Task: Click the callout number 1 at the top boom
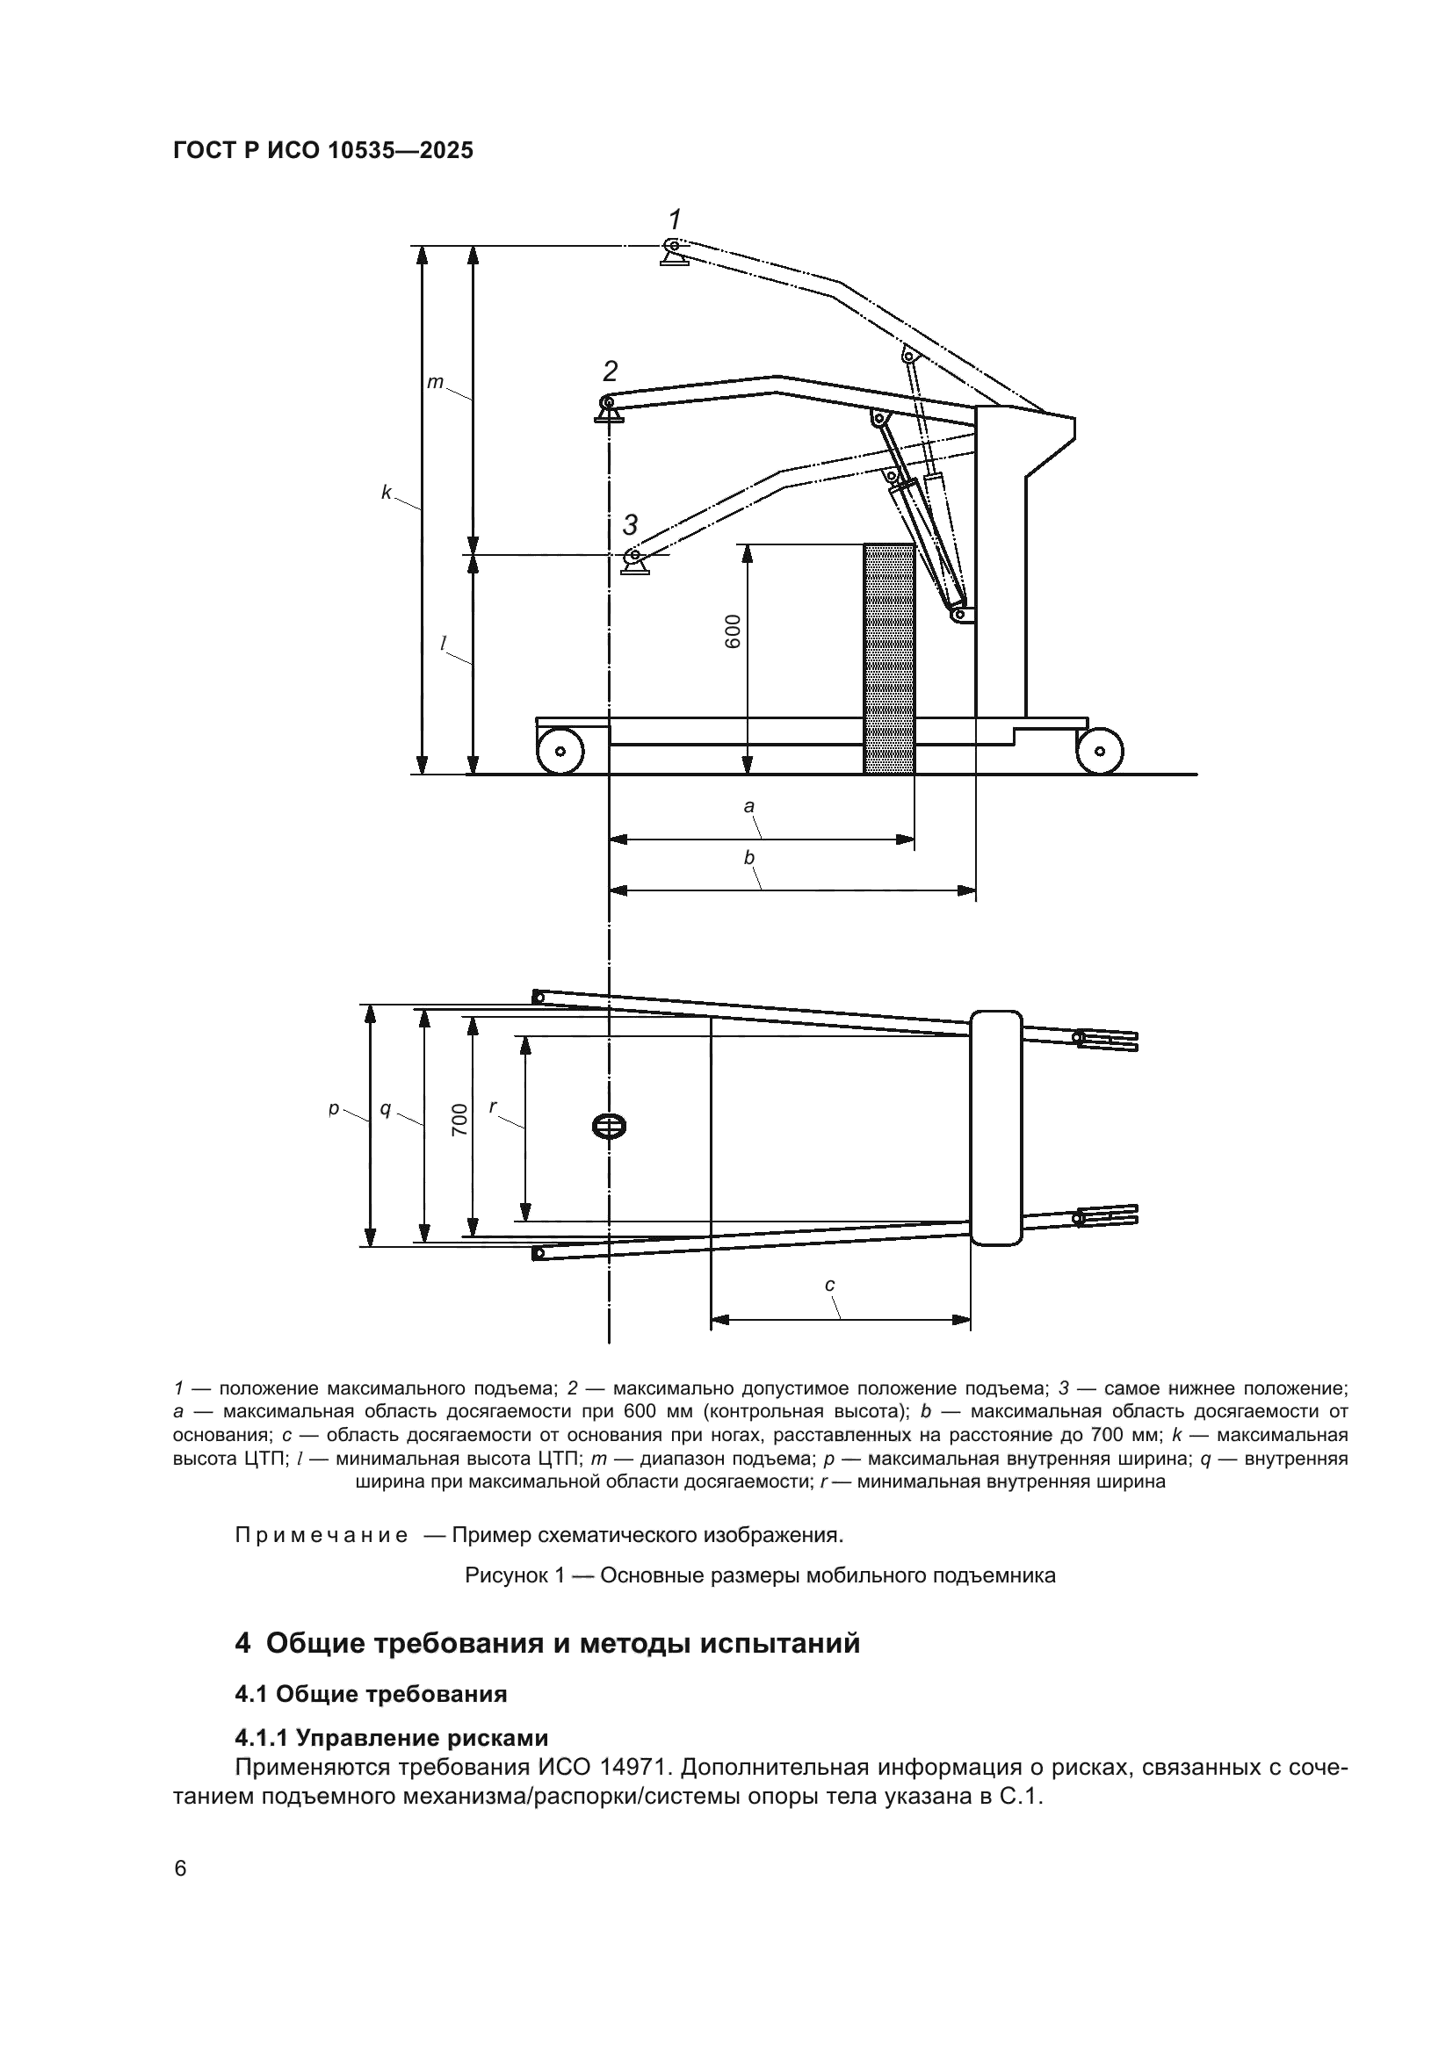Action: pyautogui.click(x=676, y=219)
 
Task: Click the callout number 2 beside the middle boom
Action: pyautogui.click(x=611, y=371)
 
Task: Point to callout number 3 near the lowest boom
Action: pyautogui.click(x=631, y=523)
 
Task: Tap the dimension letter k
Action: pyautogui.click(x=387, y=492)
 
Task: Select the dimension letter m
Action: pyautogui.click(x=435, y=382)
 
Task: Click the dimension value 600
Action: pyautogui.click(x=733, y=631)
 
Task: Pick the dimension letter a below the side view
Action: pyautogui.click(x=748, y=806)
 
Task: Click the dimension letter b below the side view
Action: pyautogui.click(x=748, y=858)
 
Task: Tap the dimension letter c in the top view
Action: pyautogui.click(x=829, y=1285)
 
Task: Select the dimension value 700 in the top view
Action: pyautogui.click(x=459, y=1120)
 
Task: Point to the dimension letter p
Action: pyautogui.click(x=333, y=1108)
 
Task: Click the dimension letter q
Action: pyautogui.click(x=386, y=1108)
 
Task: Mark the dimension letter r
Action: pyautogui.click(x=493, y=1106)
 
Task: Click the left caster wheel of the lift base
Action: pyautogui.click(x=560, y=751)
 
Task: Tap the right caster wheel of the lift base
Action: pyautogui.click(x=1100, y=751)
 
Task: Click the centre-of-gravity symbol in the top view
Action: pyautogui.click(x=610, y=1127)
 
